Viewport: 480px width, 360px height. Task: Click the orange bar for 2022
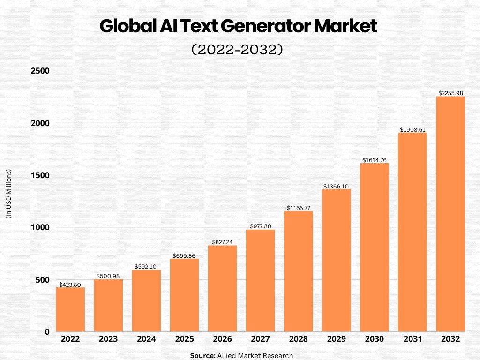click(x=70, y=309)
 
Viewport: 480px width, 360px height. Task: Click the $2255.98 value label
click(x=450, y=93)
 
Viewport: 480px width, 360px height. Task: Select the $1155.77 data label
click(x=299, y=208)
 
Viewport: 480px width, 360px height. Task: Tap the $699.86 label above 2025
click(x=185, y=255)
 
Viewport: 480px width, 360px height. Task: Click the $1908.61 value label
click(x=412, y=129)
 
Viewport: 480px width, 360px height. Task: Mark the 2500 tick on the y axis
click(x=40, y=71)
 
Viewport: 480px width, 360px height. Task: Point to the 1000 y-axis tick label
click(x=40, y=228)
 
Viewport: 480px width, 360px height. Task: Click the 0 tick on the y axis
click(x=47, y=332)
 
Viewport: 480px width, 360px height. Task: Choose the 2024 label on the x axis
click(x=146, y=339)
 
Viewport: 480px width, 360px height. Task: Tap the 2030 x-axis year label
click(x=375, y=339)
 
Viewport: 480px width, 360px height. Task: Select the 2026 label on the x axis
click(x=222, y=339)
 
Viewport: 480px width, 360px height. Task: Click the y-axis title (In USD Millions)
click(x=9, y=194)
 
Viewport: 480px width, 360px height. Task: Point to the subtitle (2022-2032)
click(x=238, y=50)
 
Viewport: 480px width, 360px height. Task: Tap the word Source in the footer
click(x=202, y=356)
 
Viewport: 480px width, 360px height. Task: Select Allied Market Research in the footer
click(x=255, y=356)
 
